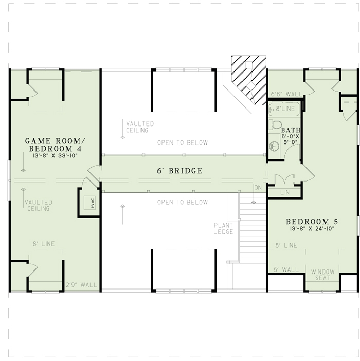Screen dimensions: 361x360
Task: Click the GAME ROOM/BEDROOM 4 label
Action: (51, 145)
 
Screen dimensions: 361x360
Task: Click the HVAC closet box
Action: (87, 202)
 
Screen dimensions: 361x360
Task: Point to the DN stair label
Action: (258, 188)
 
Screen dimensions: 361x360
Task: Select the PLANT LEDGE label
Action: (224, 228)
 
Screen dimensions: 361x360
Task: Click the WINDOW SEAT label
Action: (322, 275)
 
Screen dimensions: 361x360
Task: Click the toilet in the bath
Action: (276, 124)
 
